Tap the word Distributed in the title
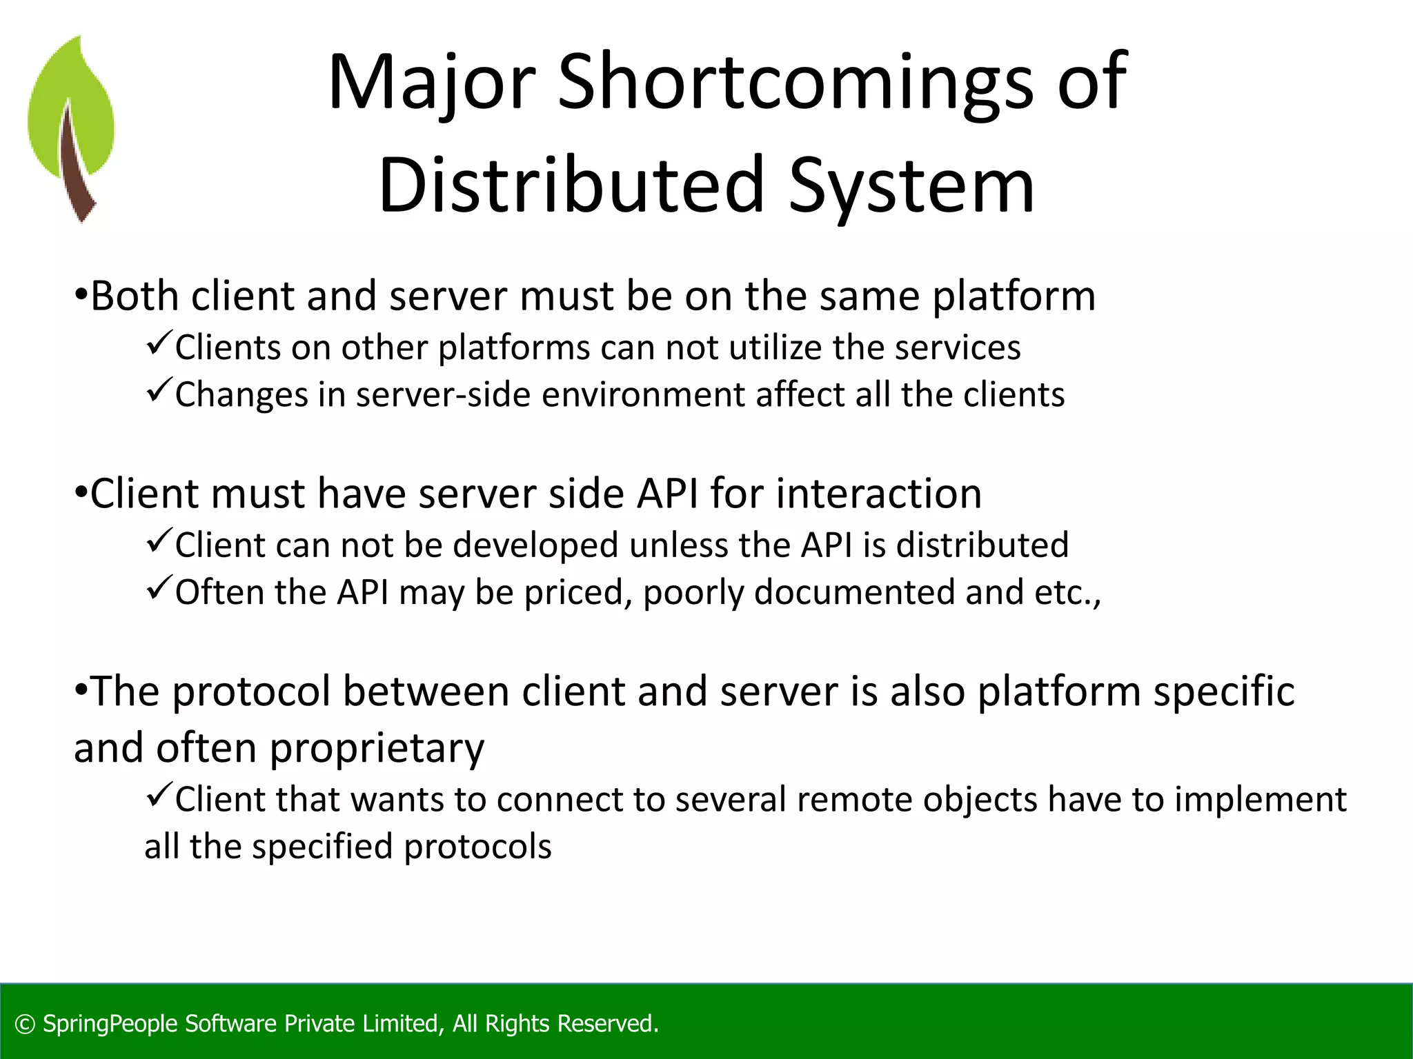click(571, 185)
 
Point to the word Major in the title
click(432, 83)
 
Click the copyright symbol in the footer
click(25, 1025)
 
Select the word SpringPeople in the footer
click(111, 1025)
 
